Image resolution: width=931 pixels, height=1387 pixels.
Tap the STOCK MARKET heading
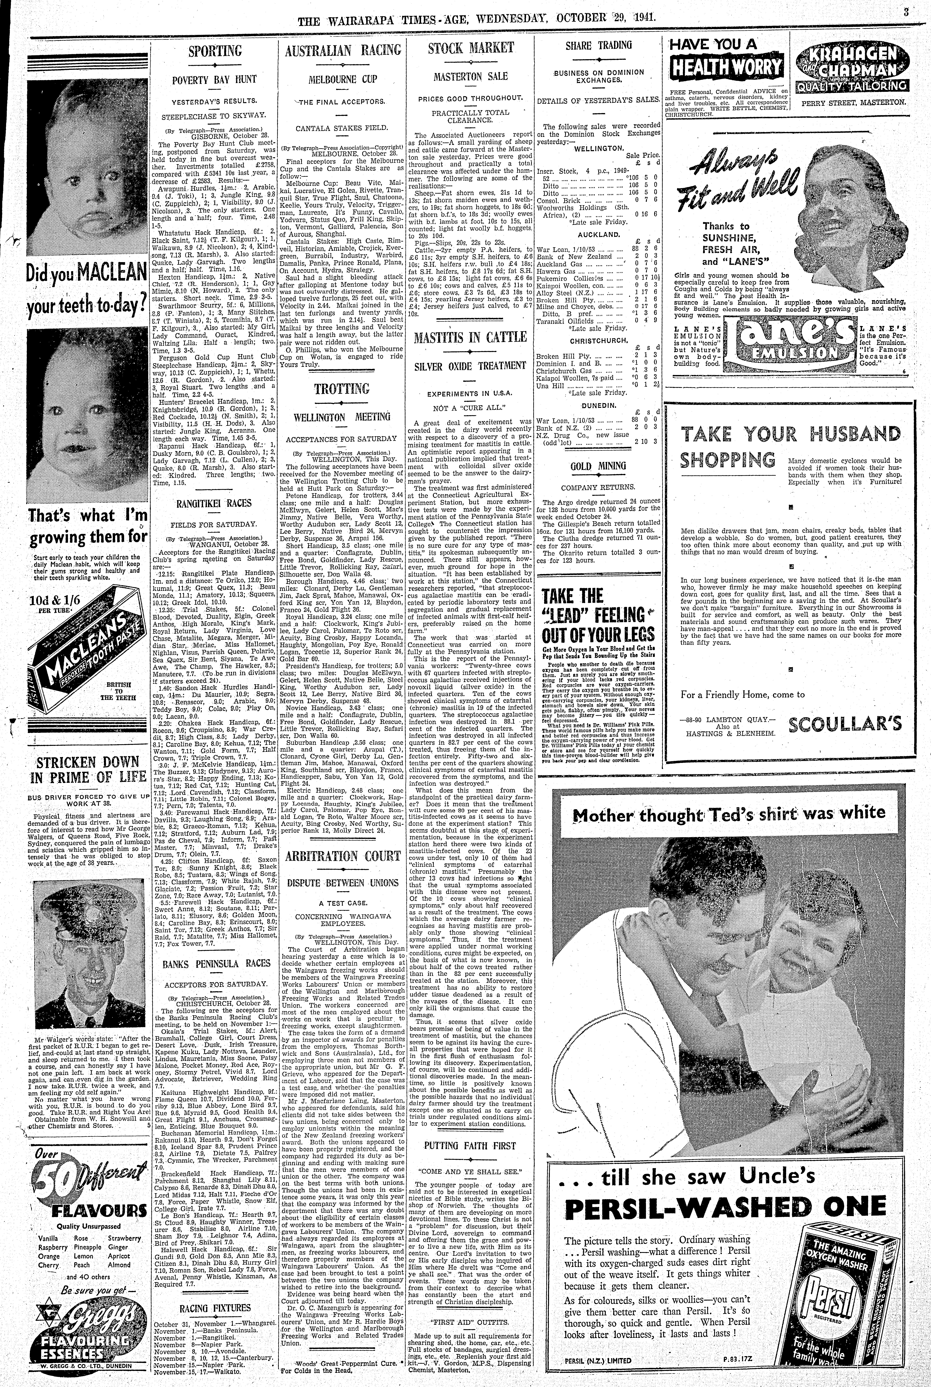click(x=470, y=48)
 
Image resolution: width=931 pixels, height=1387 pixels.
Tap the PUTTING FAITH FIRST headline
click(x=470, y=1145)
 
